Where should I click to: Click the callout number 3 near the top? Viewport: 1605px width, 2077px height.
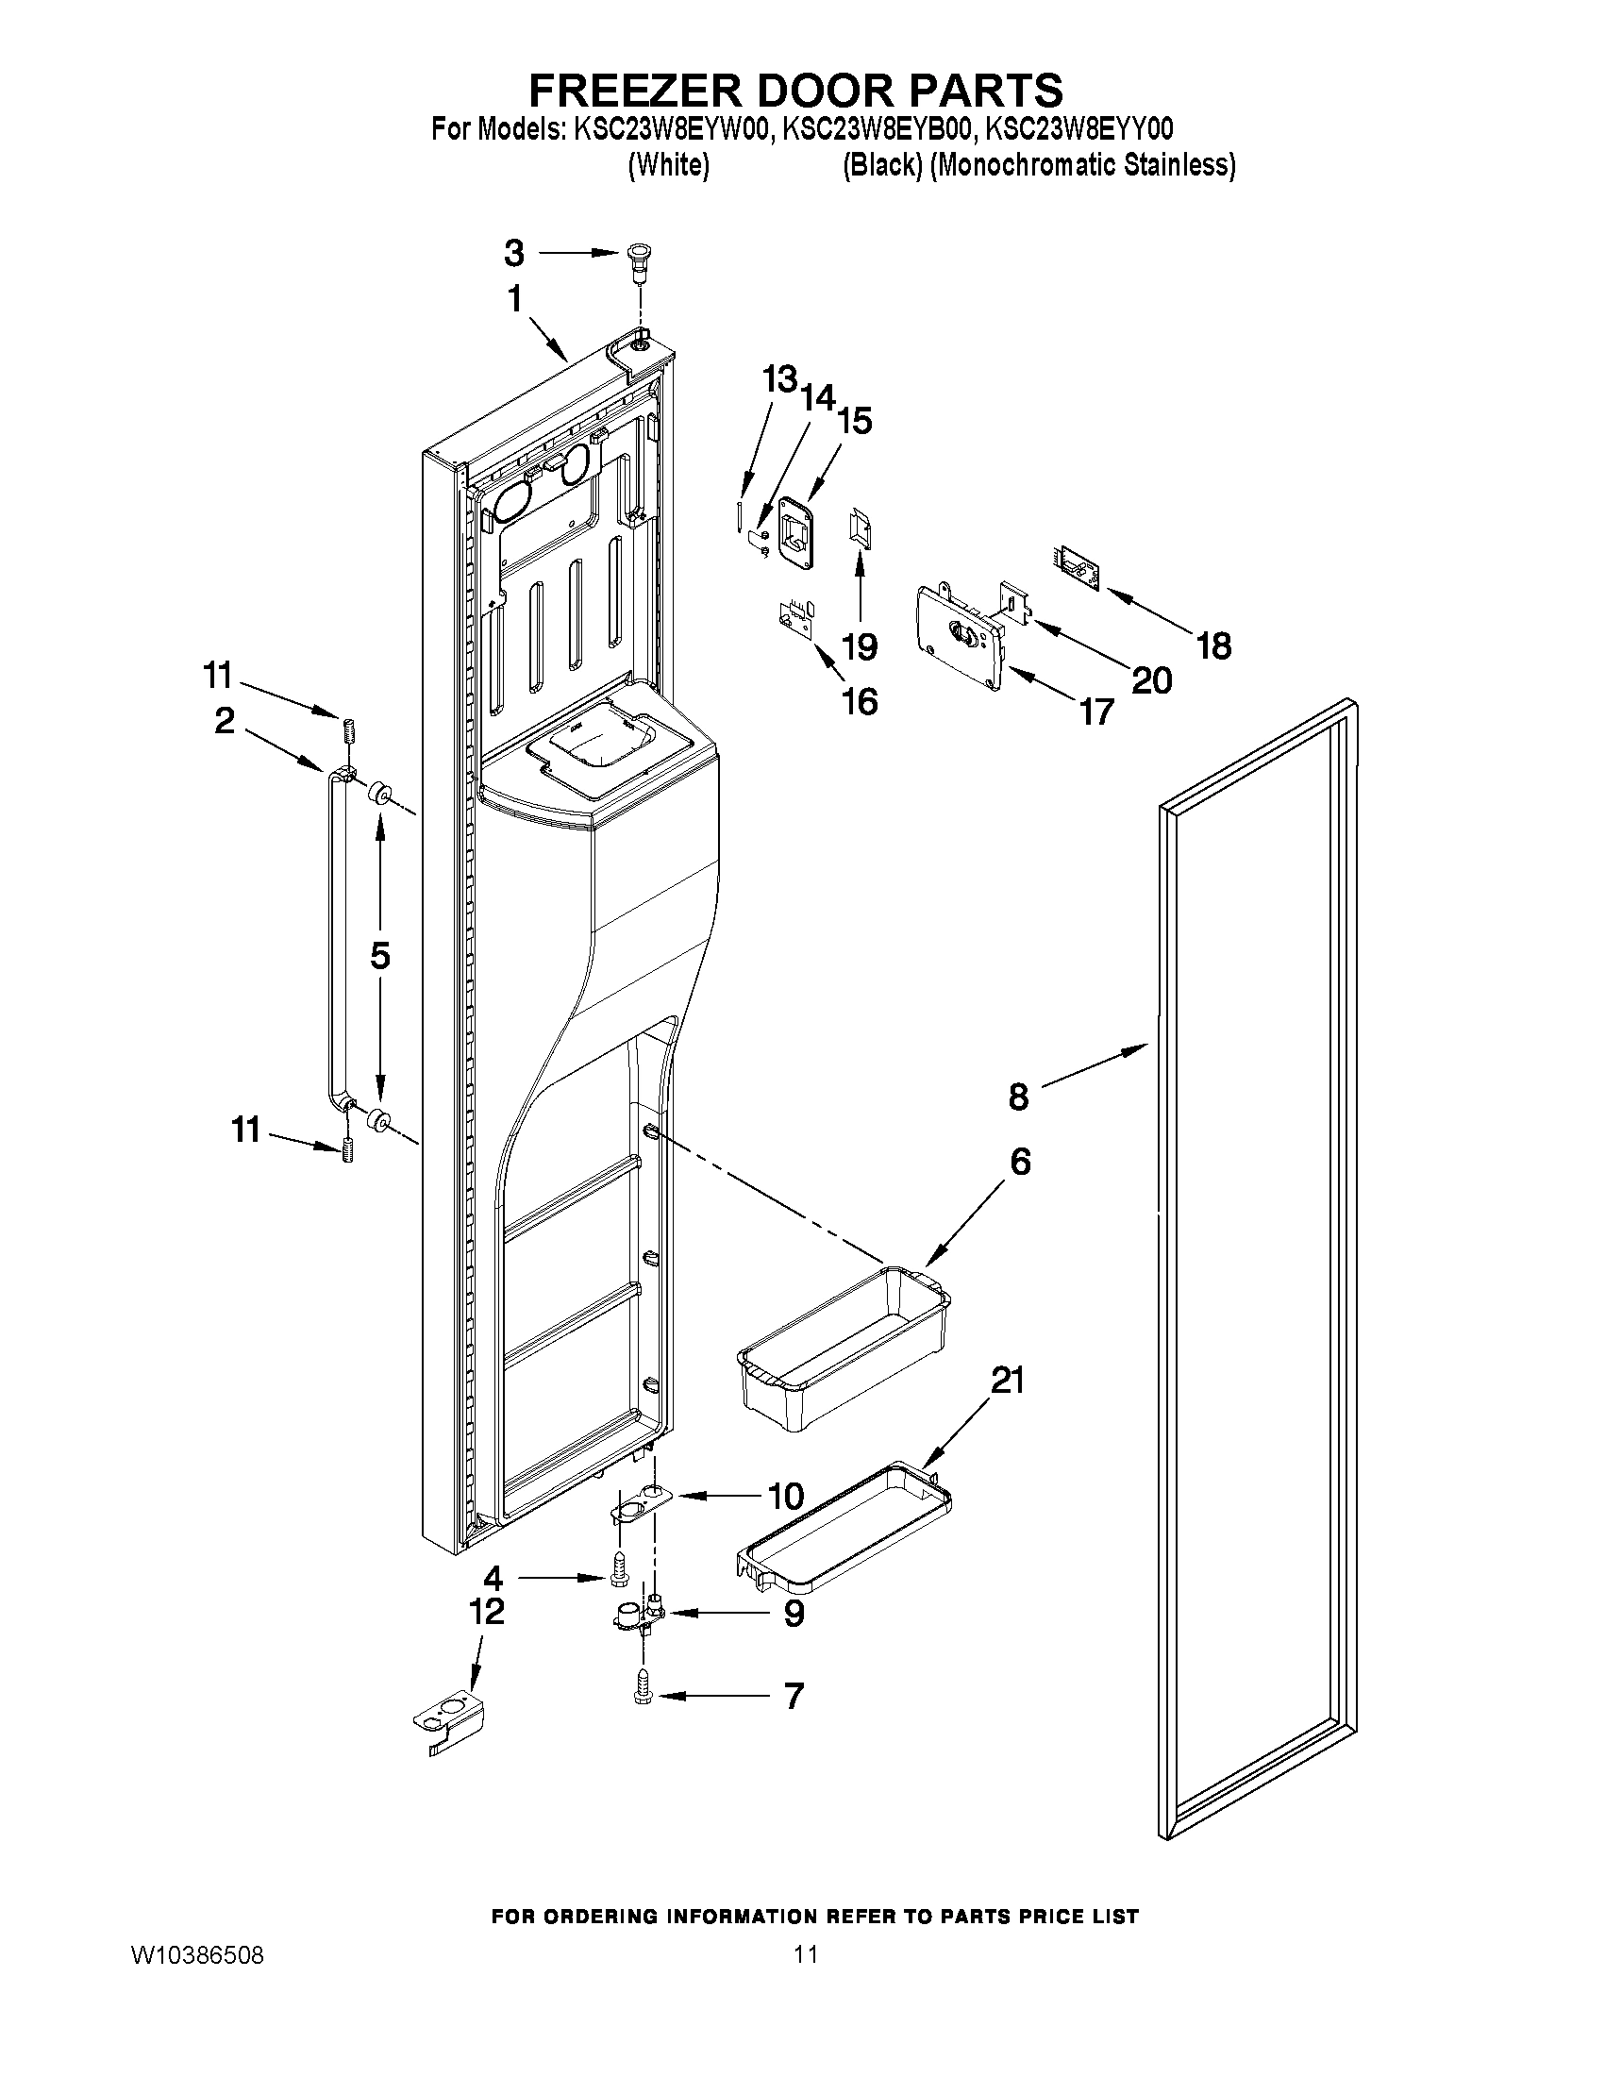coord(513,253)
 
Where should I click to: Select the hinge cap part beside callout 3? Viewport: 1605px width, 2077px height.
coord(638,260)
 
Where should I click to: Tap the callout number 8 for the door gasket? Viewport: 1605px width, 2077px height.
coord(1018,1097)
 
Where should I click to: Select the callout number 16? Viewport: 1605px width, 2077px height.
coord(860,702)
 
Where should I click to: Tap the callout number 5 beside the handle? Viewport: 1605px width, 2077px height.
coord(380,955)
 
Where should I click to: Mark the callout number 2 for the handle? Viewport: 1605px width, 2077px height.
coord(225,720)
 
